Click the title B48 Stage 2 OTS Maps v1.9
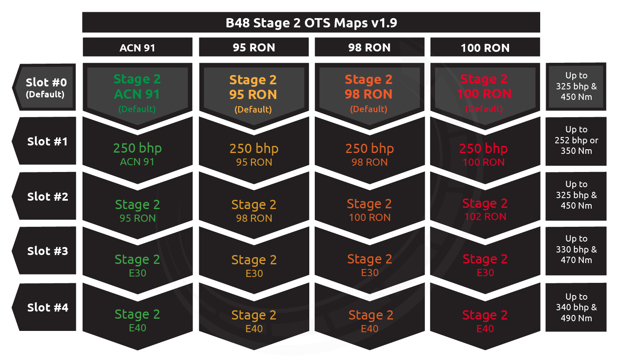point(311,23)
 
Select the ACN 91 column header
point(137,47)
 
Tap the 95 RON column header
point(254,47)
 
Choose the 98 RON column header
point(370,47)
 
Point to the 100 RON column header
point(485,47)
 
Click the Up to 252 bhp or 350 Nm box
point(576,141)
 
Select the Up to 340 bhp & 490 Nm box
point(576,307)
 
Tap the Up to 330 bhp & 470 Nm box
point(576,250)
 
